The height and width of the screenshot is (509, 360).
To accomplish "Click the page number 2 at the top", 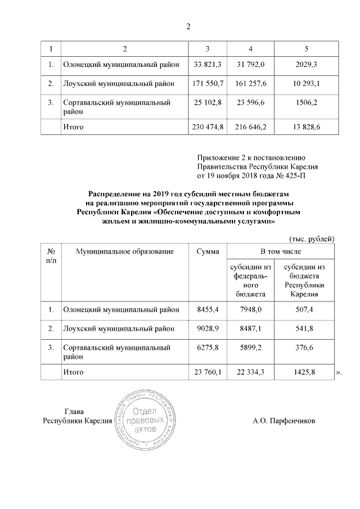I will click(x=189, y=26).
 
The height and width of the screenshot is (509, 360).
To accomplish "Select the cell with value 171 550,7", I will click(x=209, y=84).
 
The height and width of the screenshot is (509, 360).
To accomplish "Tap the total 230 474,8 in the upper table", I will click(x=209, y=127).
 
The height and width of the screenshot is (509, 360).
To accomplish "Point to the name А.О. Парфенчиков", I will click(x=284, y=421).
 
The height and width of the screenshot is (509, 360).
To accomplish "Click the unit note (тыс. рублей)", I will click(x=312, y=238).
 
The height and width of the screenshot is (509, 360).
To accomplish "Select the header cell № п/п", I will click(x=51, y=255).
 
